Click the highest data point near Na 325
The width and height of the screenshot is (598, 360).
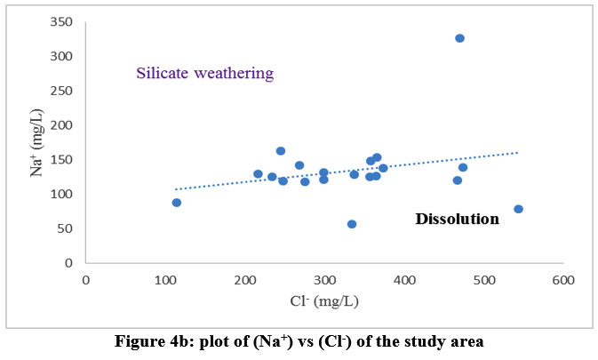459,38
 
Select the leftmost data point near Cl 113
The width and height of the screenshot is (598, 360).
177,203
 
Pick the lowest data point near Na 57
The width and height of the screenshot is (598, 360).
352,224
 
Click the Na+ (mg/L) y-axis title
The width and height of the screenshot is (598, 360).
36,142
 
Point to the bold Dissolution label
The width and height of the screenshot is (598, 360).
457,218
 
